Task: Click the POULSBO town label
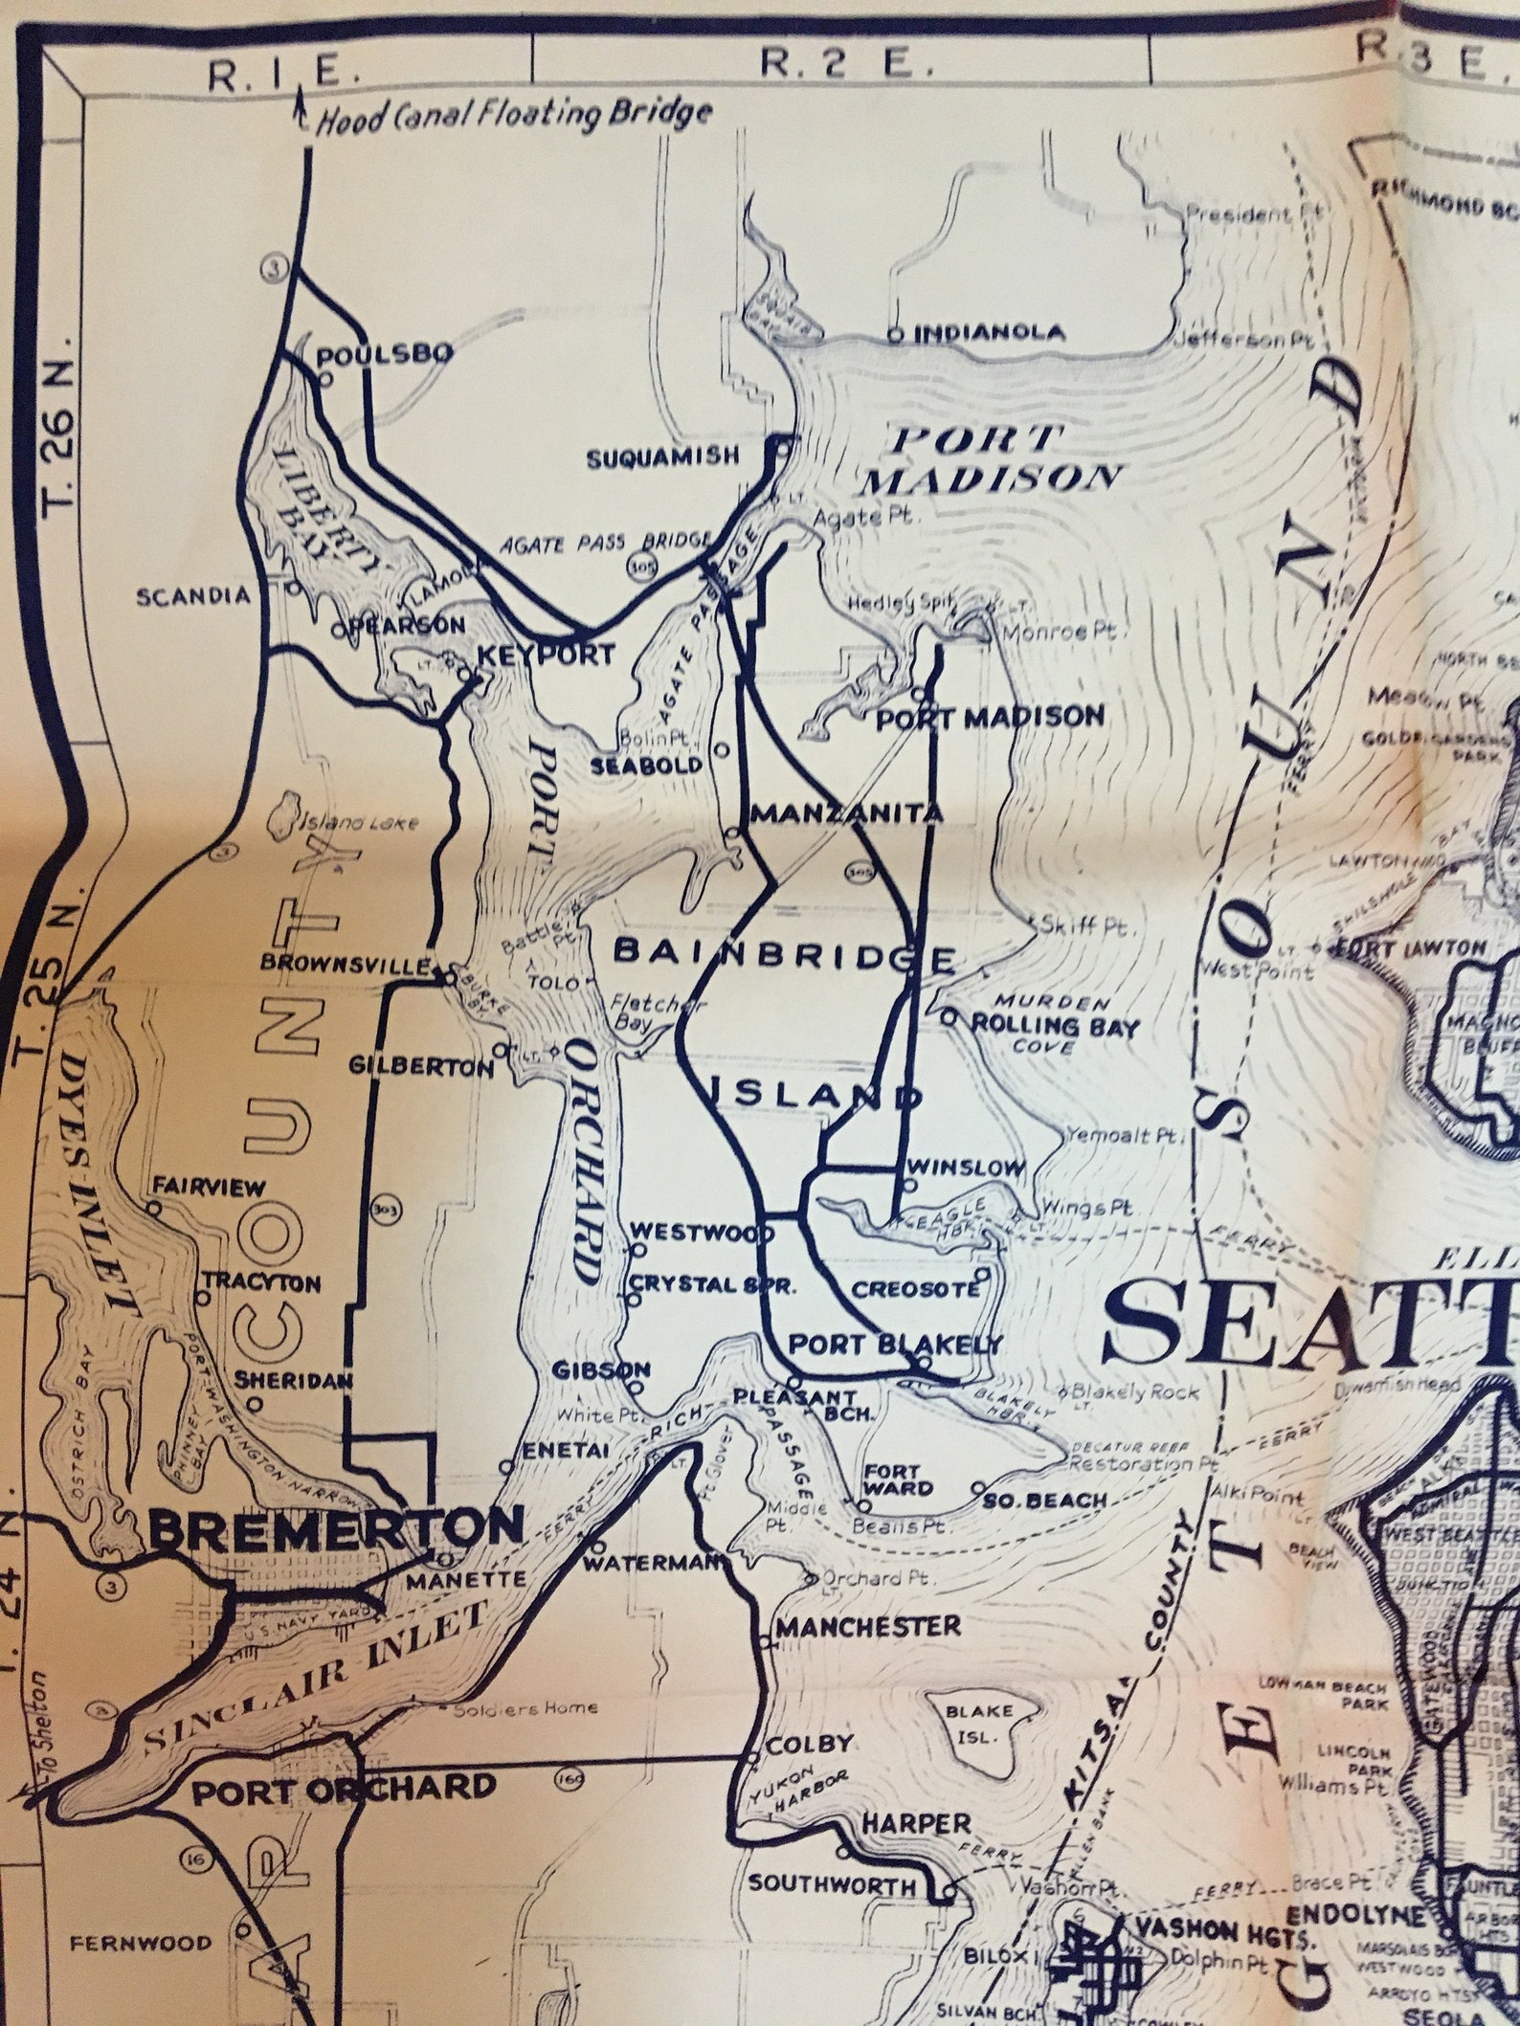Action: coord(384,354)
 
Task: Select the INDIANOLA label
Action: coord(988,333)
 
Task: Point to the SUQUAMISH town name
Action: coord(662,456)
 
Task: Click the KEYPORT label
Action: coord(545,656)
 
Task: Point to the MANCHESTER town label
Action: coord(868,1626)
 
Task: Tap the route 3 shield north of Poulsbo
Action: coord(275,271)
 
